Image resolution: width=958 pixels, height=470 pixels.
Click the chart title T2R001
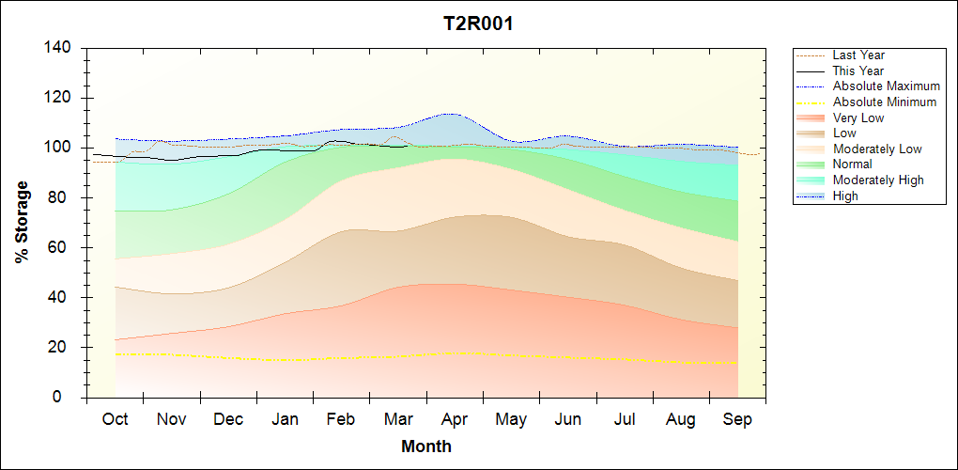[478, 23]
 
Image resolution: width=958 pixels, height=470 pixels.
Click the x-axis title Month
[426, 446]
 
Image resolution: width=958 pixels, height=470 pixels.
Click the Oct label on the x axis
[115, 419]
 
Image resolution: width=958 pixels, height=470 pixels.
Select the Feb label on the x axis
[341, 419]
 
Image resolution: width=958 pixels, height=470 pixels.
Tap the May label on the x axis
[511, 419]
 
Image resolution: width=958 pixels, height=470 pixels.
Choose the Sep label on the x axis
[737, 419]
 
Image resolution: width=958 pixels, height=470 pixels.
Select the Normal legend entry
[852, 164]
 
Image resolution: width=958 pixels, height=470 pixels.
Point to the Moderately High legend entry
[878, 180]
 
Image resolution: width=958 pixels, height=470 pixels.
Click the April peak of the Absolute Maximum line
[452, 114]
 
